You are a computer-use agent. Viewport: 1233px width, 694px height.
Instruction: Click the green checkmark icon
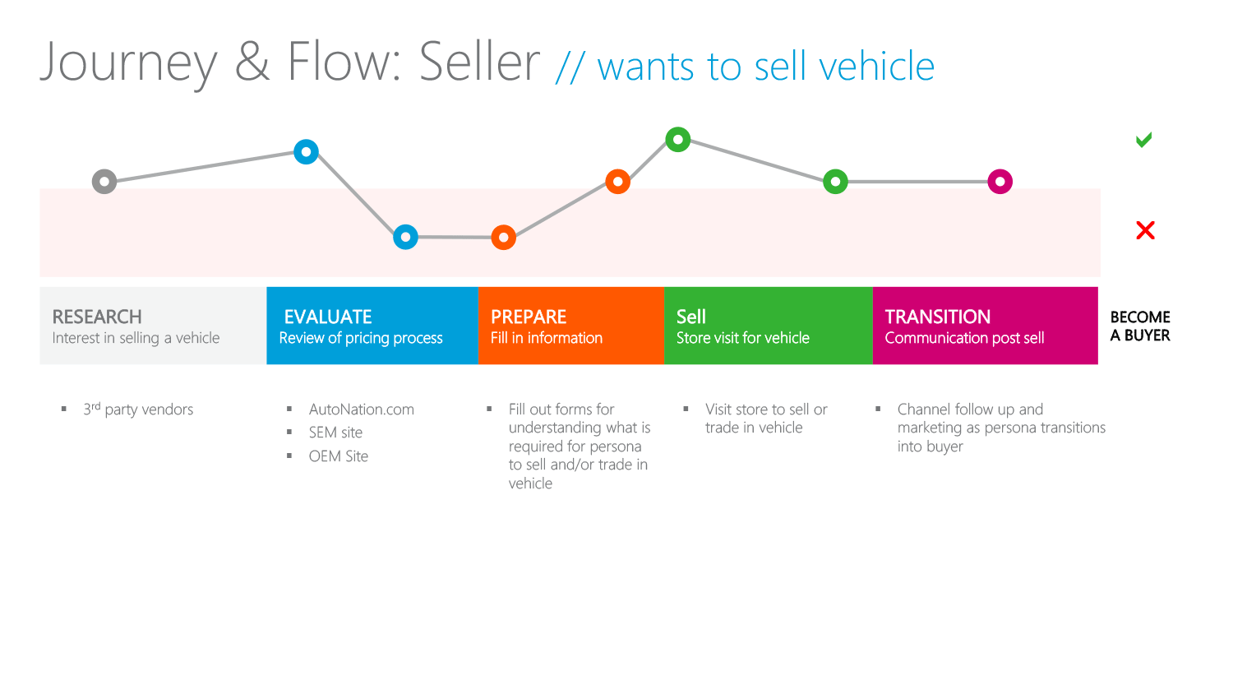1144,140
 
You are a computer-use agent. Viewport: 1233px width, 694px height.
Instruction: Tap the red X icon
1146,230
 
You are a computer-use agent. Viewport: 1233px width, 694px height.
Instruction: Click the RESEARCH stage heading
97,317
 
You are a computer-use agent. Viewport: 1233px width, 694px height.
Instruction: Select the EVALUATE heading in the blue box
328,317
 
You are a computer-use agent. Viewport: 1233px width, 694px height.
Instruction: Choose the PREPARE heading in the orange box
529,317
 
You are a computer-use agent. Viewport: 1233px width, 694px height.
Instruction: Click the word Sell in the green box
691,317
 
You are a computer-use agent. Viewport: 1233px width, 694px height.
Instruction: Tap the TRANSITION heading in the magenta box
938,317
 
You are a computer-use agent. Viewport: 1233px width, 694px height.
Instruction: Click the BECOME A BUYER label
1140,326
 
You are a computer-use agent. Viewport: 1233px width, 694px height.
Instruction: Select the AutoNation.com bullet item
362,409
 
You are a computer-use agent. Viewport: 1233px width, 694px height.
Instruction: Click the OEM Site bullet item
339,456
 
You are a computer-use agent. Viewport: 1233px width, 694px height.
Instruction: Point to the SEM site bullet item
335,433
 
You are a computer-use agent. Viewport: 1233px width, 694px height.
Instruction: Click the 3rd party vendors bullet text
138,409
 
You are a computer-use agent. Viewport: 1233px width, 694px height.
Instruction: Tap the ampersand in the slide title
252,62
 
